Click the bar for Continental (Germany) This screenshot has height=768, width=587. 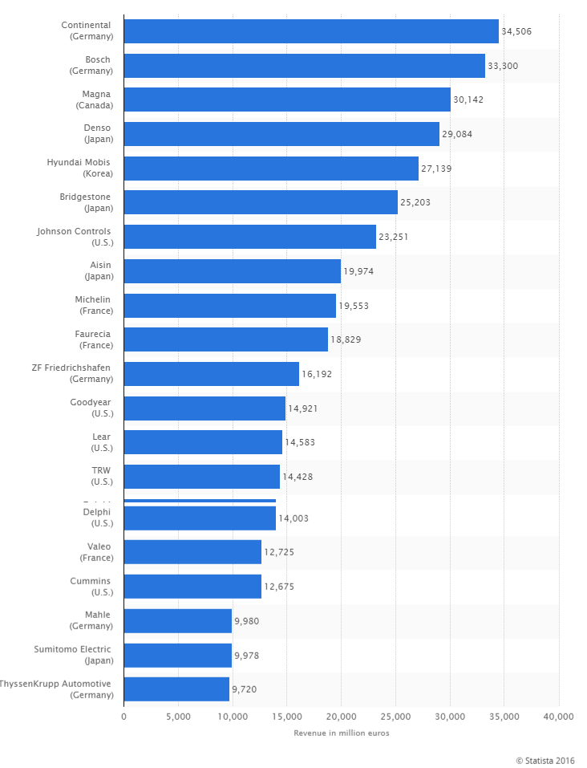pos(311,31)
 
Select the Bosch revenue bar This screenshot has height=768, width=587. pos(304,66)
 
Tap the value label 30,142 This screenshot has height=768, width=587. pos(468,100)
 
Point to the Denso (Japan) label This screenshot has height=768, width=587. pos(97,134)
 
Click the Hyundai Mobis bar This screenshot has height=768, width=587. pos(271,169)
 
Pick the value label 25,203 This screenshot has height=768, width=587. pos(415,202)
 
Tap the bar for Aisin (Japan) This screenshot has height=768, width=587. pos(232,271)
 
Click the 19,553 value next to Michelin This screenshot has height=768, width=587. pos(354,306)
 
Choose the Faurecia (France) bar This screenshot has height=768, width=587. pos(225,339)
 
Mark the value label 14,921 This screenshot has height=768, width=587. pos(304,408)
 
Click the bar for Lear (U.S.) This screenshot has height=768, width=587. pos(203,442)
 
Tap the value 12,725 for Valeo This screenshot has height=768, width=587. pos(280,552)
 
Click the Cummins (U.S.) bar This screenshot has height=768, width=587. pos(192,586)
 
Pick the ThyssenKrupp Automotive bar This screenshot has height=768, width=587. pos(176,689)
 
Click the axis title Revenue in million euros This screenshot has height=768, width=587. pos(341,733)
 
